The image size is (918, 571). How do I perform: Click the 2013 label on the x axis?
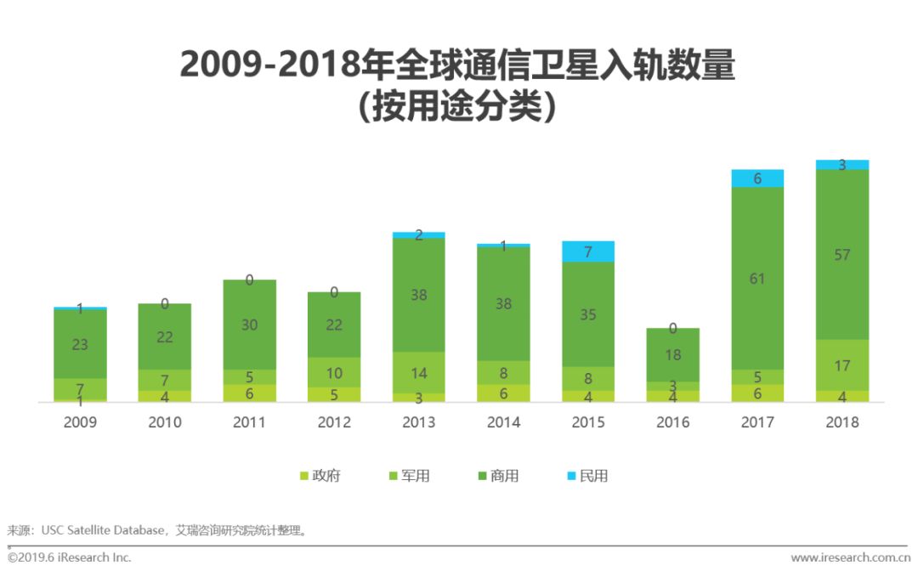click(x=418, y=422)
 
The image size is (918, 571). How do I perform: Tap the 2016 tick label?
click(x=673, y=422)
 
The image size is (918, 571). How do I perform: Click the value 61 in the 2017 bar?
click(x=757, y=278)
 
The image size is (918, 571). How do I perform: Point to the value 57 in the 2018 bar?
click(x=842, y=255)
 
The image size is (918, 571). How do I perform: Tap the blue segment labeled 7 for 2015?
click(x=588, y=252)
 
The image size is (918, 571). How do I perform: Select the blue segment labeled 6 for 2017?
click(x=757, y=178)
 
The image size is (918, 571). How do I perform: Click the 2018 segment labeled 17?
click(x=842, y=365)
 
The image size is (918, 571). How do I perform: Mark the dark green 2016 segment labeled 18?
click(x=673, y=355)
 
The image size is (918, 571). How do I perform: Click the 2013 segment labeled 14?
click(x=418, y=372)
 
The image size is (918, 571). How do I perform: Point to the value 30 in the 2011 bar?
click(x=249, y=325)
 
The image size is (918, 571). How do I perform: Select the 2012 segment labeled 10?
click(x=334, y=372)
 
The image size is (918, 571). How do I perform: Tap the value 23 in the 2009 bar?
click(x=80, y=344)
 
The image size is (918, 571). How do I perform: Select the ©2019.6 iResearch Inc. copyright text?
click(x=70, y=557)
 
